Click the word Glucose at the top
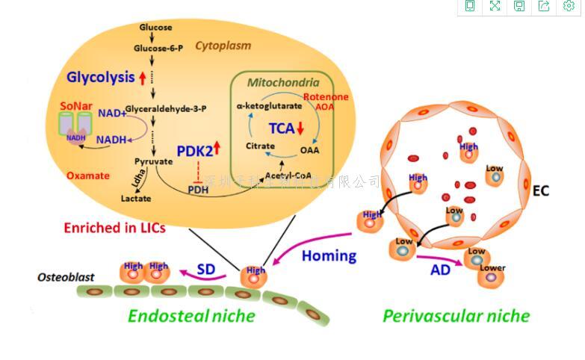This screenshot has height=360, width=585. pyautogui.click(x=155, y=28)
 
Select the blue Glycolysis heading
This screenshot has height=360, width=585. pyautogui.click(x=100, y=77)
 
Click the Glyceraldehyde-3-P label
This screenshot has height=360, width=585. pyautogui.click(x=166, y=108)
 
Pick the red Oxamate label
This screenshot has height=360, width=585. pyautogui.click(x=88, y=176)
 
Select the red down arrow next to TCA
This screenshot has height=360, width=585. pyautogui.click(x=300, y=128)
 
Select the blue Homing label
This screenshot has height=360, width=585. pyautogui.click(x=329, y=255)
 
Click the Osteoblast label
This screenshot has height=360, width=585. pyautogui.click(x=66, y=277)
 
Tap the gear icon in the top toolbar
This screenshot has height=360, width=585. pyautogui.click(x=569, y=6)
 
